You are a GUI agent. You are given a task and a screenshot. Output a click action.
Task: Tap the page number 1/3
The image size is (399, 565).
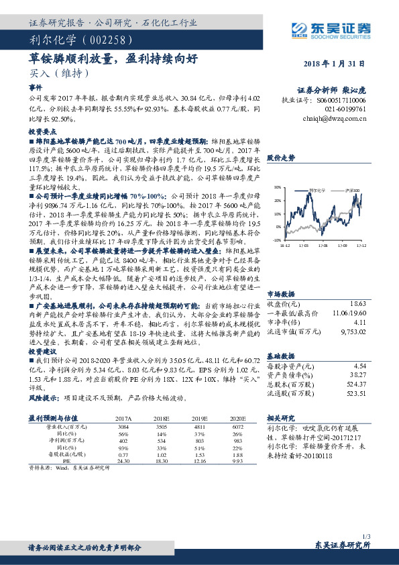365,535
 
